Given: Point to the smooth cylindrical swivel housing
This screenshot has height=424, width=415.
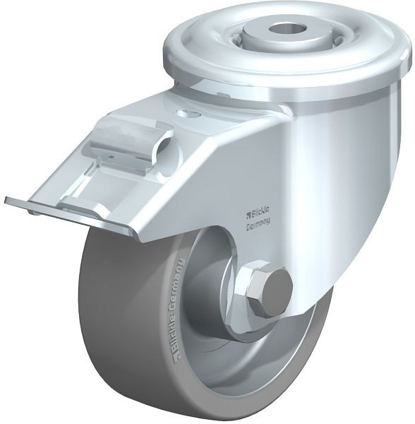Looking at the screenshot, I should tap(332, 141).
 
